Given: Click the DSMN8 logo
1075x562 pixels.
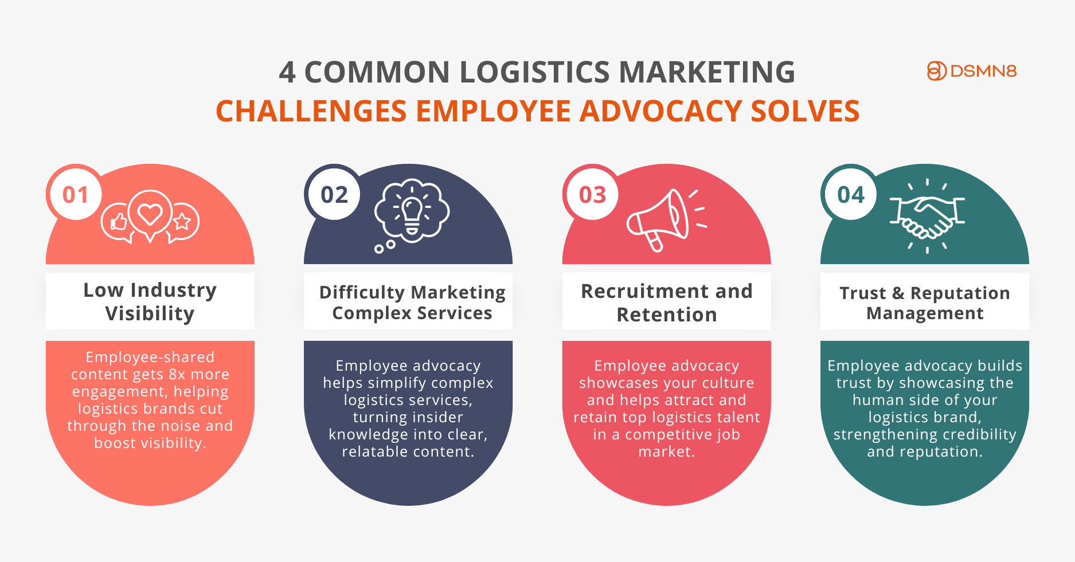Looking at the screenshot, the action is coord(971,71).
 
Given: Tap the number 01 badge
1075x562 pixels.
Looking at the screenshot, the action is coord(76,195).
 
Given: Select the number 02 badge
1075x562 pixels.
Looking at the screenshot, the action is coord(334,195).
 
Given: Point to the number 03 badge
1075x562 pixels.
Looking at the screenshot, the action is coord(592,195).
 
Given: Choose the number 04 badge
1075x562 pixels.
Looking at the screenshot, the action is coord(850,195).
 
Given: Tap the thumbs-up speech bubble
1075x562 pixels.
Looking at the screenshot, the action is coord(118,223).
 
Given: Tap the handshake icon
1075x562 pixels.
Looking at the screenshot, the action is coord(927,217).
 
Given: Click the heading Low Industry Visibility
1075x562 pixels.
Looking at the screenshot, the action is coord(150,301).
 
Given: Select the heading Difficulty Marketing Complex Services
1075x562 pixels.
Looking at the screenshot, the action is coord(412,302).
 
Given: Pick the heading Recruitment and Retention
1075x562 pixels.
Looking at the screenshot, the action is coord(667,302).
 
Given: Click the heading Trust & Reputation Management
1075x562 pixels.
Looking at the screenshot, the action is coord(925,303).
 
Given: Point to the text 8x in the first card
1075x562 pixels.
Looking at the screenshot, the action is coord(177,374).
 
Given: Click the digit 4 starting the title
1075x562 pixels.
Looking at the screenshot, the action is coord(287,73).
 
